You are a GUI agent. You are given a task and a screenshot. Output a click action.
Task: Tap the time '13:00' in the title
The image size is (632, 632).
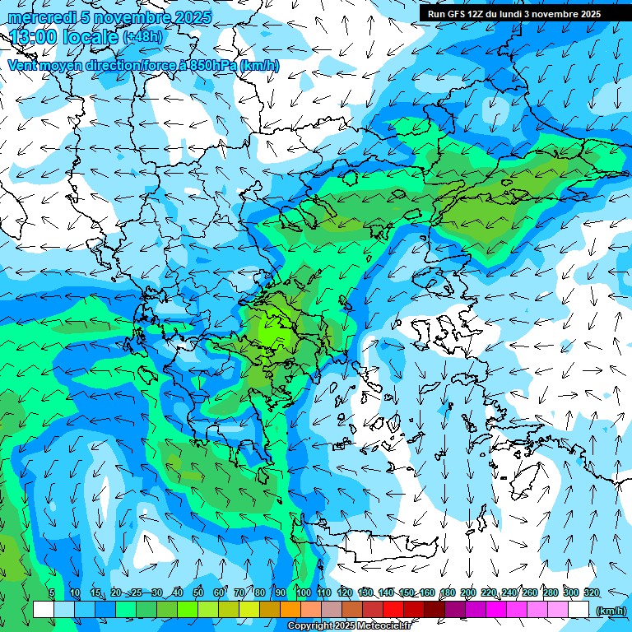(35, 37)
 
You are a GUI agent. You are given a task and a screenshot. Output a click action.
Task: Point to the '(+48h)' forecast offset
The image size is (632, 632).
(142, 37)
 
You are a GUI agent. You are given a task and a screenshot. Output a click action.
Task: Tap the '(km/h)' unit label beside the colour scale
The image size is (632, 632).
(610, 610)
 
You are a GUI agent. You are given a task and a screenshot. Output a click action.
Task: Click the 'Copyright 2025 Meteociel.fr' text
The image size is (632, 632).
(350, 626)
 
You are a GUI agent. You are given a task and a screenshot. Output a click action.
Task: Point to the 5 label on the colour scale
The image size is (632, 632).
(51, 592)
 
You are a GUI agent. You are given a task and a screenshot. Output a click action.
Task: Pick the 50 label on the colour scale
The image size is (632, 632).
(197, 592)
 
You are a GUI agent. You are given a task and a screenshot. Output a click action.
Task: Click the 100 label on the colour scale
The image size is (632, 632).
(303, 592)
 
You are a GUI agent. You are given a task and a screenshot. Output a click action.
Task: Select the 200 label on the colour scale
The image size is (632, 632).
(468, 592)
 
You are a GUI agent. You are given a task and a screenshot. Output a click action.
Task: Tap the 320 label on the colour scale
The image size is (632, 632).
(592, 592)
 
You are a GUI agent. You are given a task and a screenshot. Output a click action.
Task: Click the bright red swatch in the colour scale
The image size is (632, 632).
(393, 610)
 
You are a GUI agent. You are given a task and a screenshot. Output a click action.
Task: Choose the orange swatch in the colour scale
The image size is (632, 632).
(290, 610)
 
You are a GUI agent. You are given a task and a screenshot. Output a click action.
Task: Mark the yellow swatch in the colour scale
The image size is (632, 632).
(249, 610)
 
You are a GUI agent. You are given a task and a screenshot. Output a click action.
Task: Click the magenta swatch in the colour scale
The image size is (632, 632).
(496, 610)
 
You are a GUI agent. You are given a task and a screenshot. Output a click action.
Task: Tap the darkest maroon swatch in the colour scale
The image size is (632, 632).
(434, 610)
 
